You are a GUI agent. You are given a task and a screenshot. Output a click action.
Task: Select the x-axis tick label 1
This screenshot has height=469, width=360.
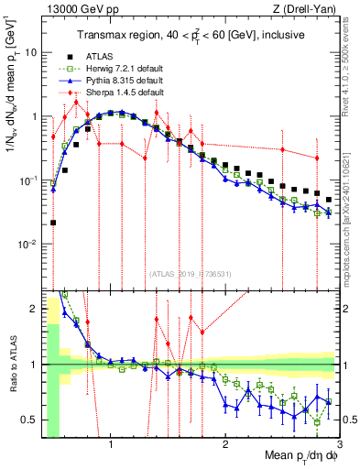[x=111, y=445]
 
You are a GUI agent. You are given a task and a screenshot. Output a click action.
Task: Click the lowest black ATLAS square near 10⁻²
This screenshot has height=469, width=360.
[x=53, y=223]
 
